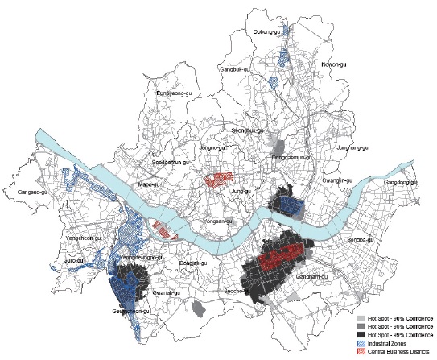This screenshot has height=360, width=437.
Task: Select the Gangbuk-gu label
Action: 237,70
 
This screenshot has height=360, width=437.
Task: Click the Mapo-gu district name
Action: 164,184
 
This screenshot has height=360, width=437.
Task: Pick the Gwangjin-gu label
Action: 335,180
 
